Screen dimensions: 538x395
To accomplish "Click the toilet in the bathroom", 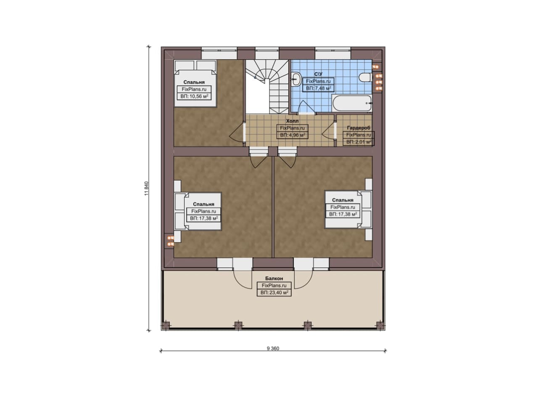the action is pos(365,78).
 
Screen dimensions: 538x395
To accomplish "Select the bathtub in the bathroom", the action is pos(352,103).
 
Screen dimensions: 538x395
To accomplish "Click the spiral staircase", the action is pos(266,87).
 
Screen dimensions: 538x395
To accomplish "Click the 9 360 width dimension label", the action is pos(273,349).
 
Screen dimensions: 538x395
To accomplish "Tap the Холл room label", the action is pos(292,121).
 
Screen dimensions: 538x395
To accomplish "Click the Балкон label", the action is pos(274,278).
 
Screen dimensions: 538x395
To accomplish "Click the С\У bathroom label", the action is pos(318,74).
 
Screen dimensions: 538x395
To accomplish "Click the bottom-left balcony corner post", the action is pos(166,326).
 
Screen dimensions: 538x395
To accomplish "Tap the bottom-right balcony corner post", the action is pos(380,326).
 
